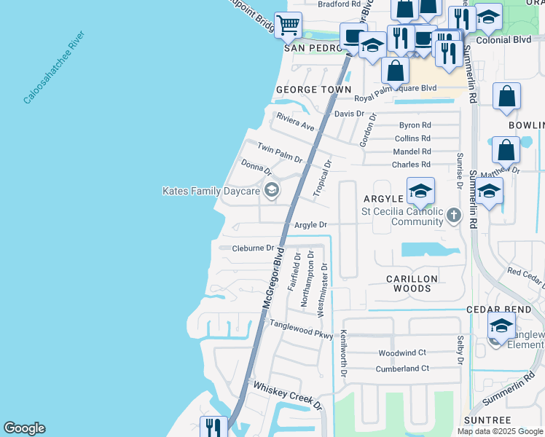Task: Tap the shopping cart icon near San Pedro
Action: point(288,25)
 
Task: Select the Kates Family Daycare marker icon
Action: point(272,191)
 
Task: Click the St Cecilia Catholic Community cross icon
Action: point(454,214)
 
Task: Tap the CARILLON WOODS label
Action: point(412,283)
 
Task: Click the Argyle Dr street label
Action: point(311,225)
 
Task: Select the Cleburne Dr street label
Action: point(253,248)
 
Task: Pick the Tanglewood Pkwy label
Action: point(301,328)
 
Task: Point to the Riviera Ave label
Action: point(295,122)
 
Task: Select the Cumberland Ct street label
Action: point(404,369)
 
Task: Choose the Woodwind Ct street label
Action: point(404,353)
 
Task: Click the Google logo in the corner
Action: point(24,428)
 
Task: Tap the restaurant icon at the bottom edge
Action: point(213,427)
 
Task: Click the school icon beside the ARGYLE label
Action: point(420,192)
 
